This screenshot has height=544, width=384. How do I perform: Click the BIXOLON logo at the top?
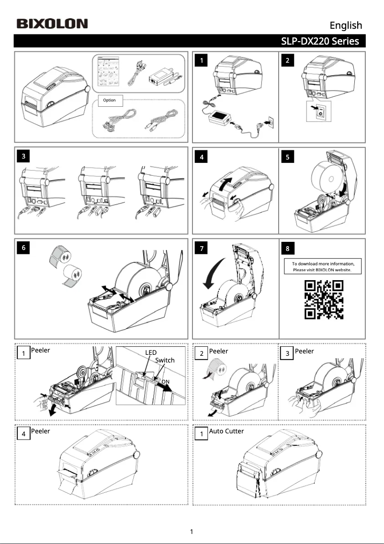point(52,23)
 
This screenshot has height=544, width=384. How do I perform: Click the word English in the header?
point(346,25)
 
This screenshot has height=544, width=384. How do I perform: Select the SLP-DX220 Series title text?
point(320,41)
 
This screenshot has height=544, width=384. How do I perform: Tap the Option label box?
point(110,100)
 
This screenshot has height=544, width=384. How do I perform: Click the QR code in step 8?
point(324,299)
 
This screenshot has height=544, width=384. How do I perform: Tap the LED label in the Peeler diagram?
point(151,352)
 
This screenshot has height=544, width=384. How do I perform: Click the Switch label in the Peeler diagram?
point(165,360)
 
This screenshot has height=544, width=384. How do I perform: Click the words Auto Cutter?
point(226,431)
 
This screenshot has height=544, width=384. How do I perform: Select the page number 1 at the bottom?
point(192,532)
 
